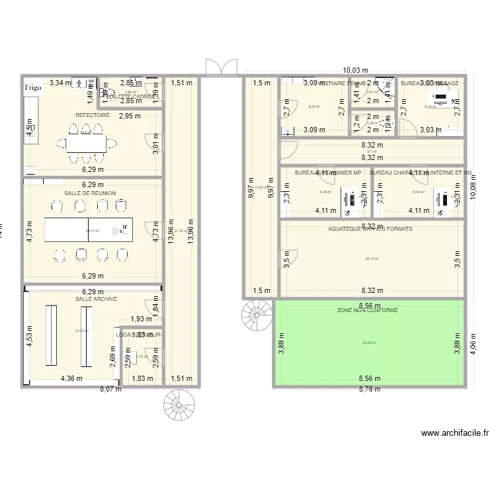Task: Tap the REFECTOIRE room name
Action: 92,114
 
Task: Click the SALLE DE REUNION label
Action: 90,193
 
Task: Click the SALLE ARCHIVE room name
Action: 96,299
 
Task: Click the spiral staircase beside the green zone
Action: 257,315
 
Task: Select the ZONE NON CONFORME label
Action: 367,310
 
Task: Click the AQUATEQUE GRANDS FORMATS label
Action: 370,229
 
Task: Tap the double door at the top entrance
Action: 221,67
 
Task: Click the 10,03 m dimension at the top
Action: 356,69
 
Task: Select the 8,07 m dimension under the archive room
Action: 111,390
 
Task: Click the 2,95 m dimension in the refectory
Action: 130,116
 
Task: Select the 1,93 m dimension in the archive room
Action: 140,319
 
